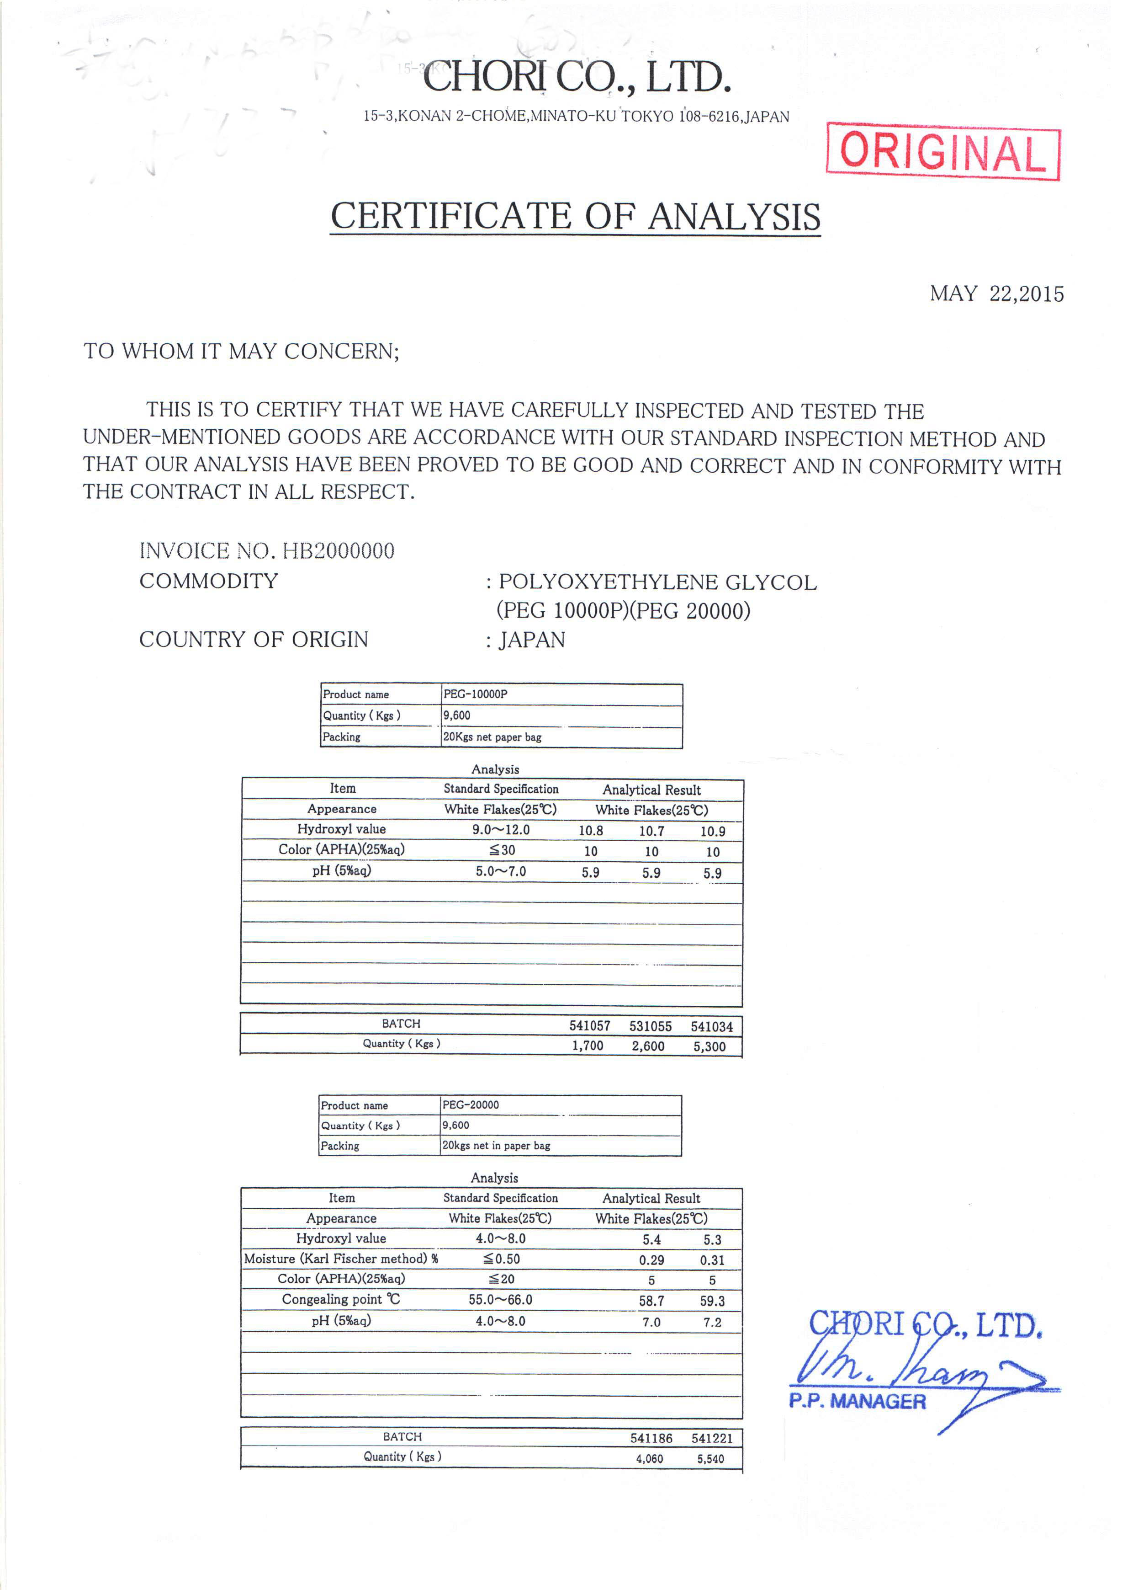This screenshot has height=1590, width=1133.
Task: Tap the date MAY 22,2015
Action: click(996, 294)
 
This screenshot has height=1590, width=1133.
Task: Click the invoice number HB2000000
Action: click(339, 551)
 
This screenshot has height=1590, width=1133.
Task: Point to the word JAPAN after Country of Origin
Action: click(532, 640)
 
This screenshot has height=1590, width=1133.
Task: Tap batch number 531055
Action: click(650, 1026)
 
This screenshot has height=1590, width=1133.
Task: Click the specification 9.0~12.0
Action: click(501, 829)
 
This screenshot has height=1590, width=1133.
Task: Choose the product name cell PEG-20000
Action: click(471, 1104)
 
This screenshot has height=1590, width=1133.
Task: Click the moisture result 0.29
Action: click(651, 1260)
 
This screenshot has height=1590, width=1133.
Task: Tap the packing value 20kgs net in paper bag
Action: click(496, 1145)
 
